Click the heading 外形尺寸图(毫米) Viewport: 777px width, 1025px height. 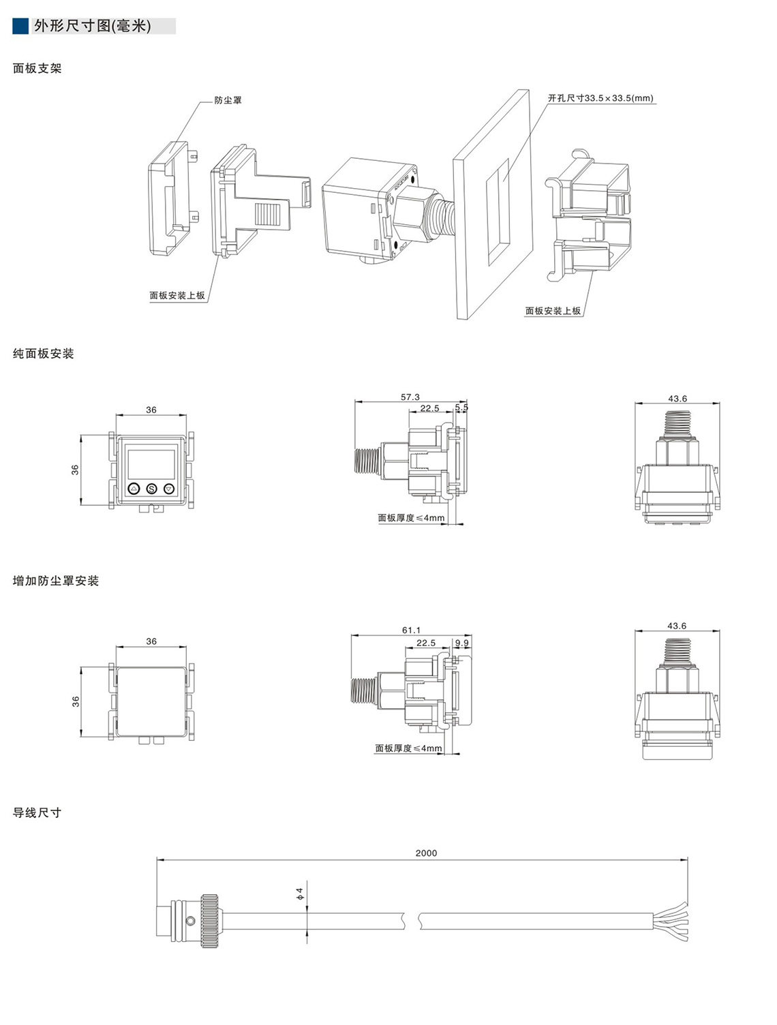click(93, 27)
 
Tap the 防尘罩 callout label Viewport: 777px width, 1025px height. click(228, 100)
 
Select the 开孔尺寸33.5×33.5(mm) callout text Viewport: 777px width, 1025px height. click(600, 98)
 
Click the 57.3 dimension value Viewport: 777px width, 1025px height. click(410, 397)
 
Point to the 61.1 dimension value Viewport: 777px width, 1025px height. click(411, 630)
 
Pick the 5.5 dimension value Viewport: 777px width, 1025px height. click(461, 408)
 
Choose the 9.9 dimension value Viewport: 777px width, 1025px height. click(461, 643)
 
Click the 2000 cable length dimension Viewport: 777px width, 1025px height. click(426, 853)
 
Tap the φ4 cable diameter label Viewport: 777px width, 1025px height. click(299, 893)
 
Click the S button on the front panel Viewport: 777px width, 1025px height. click(151, 489)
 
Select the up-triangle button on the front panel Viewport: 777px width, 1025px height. click(134, 489)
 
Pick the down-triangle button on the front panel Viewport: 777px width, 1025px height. click(169, 489)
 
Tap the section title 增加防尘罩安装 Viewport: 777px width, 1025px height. click(56, 581)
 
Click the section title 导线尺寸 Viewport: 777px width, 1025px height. click(37, 812)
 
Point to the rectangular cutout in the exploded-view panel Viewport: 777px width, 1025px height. click(497, 211)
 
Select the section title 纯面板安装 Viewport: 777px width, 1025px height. click(43, 354)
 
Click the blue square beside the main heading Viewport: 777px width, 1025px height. click(20, 26)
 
